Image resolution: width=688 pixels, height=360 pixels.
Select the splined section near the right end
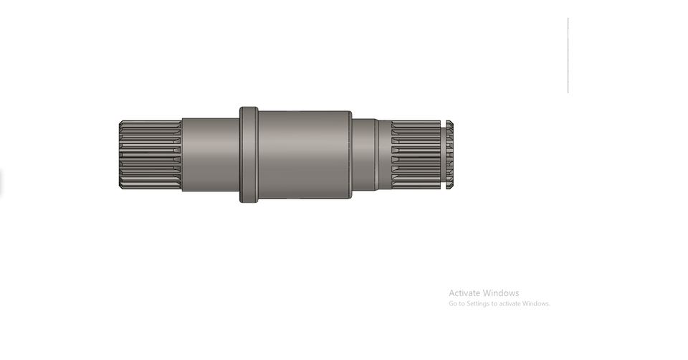pyautogui.click(x=416, y=156)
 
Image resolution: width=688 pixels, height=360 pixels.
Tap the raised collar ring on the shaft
pyautogui.click(x=249, y=155)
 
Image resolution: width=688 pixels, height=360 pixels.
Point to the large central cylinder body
pyautogui.click(x=305, y=155)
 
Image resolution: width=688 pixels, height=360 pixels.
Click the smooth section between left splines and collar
pyautogui.click(x=210, y=155)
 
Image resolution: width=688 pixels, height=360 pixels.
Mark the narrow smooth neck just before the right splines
pyautogui.click(x=384, y=155)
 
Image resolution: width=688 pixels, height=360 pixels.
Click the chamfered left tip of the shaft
pyautogui.click(x=120, y=156)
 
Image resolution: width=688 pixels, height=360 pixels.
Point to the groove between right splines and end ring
pyautogui.click(x=444, y=156)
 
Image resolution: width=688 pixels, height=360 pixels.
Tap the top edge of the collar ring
pyautogui.click(x=249, y=108)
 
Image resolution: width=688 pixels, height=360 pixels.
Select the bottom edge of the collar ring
pyautogui.click(x=249, y=202)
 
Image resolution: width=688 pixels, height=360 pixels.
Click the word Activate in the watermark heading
pyautogui.click(x=465, y=293)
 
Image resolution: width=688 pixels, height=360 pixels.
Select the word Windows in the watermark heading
pyautogui.click(x=501, y=293)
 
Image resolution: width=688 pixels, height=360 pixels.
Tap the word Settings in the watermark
pyautogui.click(x=477, y=304)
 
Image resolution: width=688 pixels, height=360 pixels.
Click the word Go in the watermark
pyautogui.click(x=453, y=304)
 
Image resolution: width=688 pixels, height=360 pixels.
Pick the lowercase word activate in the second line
pyautogui.click(x=510, y=304)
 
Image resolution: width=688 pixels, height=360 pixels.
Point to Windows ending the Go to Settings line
pyautogui.click(x=537, y=304)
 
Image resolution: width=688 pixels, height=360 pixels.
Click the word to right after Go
pyautogui.click(x=462, y=304)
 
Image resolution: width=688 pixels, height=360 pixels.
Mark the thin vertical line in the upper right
pyautogui.click(x=568, y=55)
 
